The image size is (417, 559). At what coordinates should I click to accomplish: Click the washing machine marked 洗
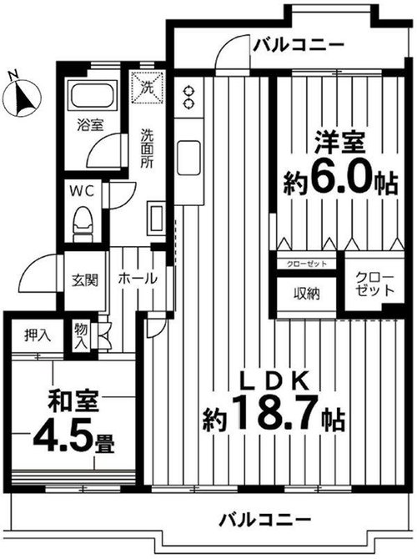[148, 88]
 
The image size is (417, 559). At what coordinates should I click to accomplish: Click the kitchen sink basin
[188, 158]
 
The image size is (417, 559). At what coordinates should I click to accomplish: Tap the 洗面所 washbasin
[156, 219]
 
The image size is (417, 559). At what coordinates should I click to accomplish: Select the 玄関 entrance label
[84, 279]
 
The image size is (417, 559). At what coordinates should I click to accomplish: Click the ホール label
[138, 278]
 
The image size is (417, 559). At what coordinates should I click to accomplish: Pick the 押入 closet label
[38, 335]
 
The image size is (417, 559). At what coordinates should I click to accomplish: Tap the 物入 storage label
[81, 336]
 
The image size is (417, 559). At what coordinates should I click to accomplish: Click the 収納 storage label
[307, 294]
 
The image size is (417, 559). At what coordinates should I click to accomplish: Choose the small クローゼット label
[307, 264]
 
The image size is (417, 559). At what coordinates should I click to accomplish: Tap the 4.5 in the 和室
[63, 438]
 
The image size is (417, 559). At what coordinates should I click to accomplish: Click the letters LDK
[274, 380]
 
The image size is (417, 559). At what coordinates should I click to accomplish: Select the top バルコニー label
[299, 45]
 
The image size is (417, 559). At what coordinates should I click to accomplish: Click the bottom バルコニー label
[265, 520]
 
